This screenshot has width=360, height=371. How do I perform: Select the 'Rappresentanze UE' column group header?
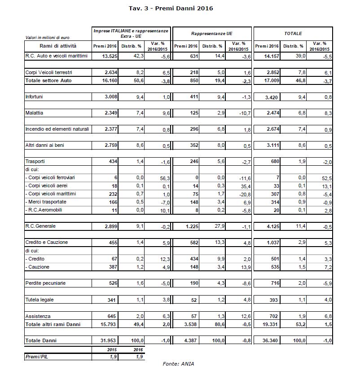tap(211, 34)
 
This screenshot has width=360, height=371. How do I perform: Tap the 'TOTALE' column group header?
tap(293, 34)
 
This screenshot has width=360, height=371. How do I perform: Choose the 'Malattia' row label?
tap(35, 113)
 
